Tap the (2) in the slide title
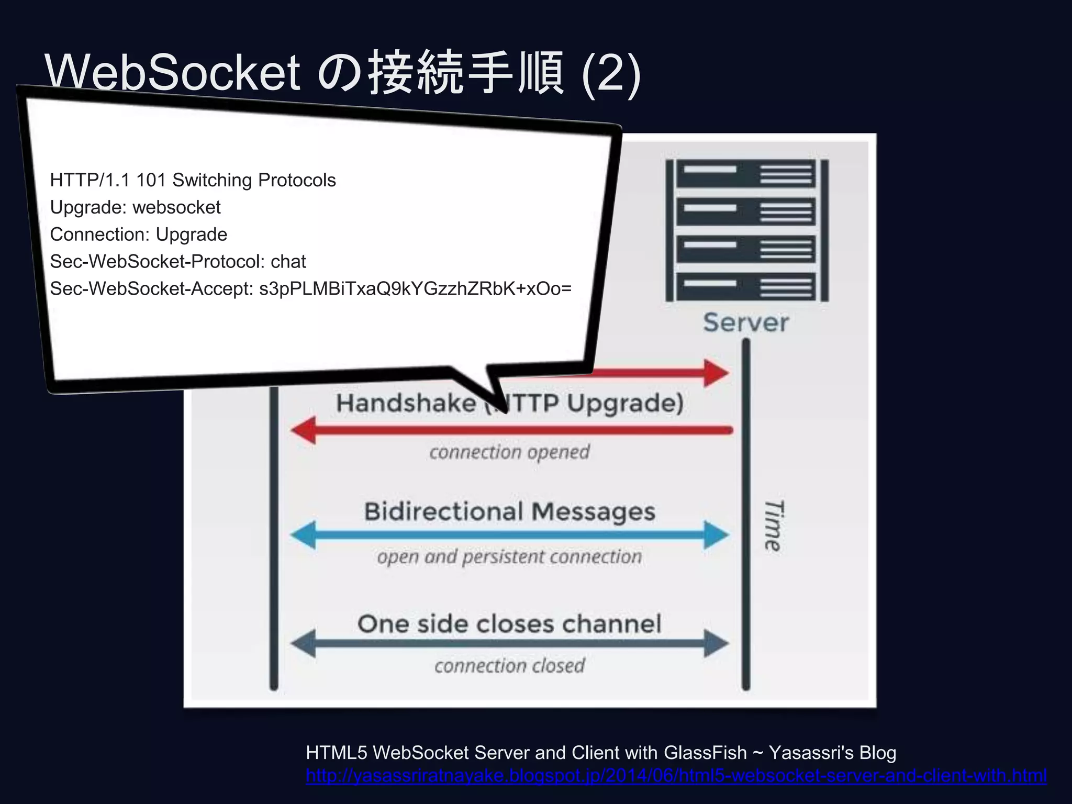tap(611, 73)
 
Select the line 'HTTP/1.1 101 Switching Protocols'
tap(193, 180)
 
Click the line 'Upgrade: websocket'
tap(135, 207)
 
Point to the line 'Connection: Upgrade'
tap(138, 234)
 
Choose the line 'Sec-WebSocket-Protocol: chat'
tap(177, 262)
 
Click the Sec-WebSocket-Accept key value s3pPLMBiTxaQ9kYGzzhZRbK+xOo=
tap(415, 289)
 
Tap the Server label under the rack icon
tap(745, 322)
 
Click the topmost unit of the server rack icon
tap(746, 174)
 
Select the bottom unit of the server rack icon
tap(746, 287)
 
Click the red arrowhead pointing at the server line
tap(716, 373)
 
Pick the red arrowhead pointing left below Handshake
tap(304, 430)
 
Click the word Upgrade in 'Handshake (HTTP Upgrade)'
tap(625, 404)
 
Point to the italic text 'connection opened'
tap(509, 452)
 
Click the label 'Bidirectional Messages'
tap(509, 512)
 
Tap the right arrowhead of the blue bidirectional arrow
tap(716, 535)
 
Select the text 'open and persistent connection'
tap(509, 557)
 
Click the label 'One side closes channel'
tap(509, 624)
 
